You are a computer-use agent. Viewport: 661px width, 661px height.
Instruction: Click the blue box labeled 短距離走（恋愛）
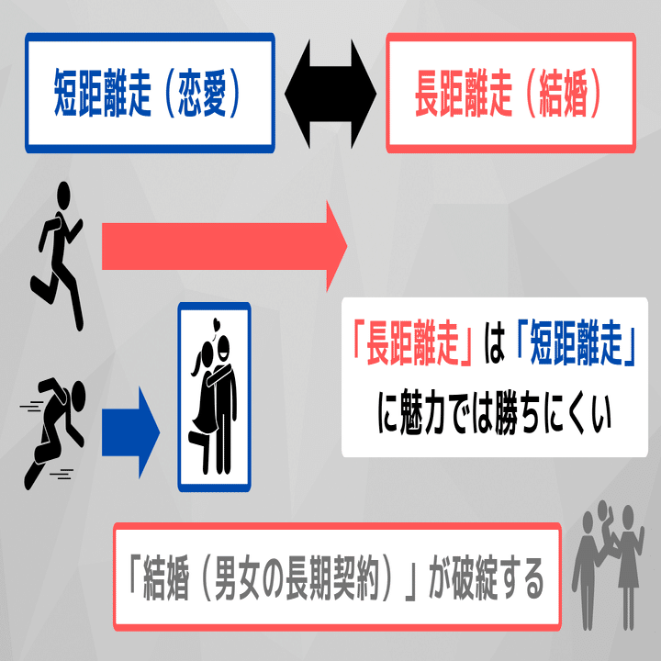150,92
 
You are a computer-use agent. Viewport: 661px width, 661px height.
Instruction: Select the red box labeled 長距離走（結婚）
510,92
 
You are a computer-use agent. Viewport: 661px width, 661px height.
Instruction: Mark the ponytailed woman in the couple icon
201,404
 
